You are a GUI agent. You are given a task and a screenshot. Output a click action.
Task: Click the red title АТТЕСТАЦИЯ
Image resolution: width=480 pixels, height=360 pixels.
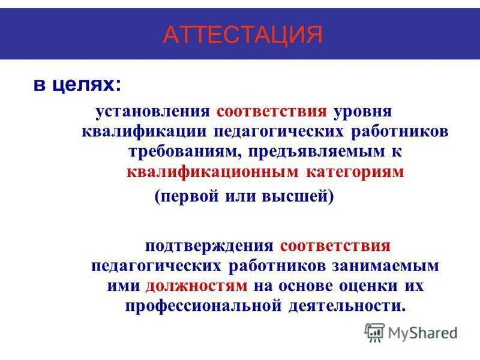coord(242,35)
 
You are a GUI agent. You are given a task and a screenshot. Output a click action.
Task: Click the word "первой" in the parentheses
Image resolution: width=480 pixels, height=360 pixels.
coord(191,196)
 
